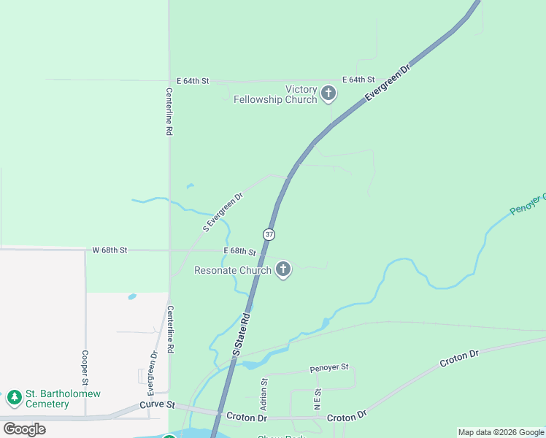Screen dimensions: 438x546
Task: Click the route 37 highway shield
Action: (269, 234)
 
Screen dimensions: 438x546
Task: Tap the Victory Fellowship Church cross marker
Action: (328, 93)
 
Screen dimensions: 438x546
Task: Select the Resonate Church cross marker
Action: (283, 270)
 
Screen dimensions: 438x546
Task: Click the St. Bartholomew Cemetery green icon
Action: (14, 399)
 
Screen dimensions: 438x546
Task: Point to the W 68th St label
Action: (109, 250)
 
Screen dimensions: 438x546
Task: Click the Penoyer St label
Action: (329, 367)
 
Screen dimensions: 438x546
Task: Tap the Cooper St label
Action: (85, 368)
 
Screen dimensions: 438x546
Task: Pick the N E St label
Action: (318, 399)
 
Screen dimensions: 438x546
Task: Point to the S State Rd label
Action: (242, 334)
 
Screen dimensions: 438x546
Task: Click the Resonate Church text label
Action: (232, 270)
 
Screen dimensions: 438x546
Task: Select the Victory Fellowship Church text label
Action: (275, 94)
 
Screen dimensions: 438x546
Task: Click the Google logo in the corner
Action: (24, 429)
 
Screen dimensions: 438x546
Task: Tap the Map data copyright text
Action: (501, 432)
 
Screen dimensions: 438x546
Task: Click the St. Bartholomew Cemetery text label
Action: (63, 399)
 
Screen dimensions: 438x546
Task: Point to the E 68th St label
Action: (239, 252)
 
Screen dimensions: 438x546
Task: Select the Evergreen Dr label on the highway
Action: (388, 82)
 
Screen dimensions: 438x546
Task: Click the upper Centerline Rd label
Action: (169, 111)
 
